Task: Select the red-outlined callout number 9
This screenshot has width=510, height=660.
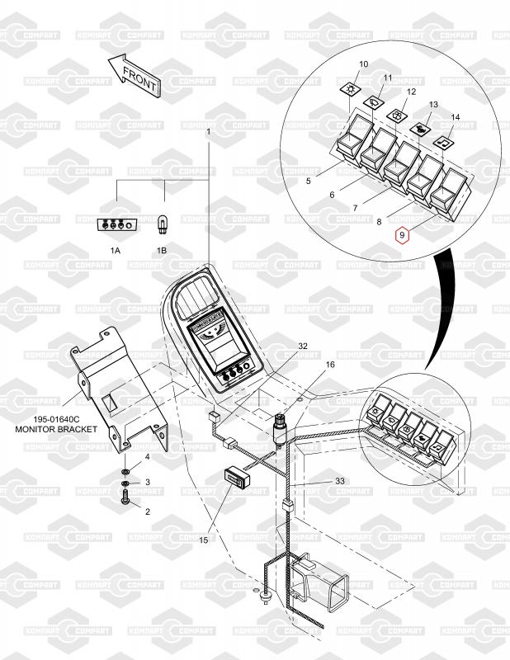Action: click(402, 236)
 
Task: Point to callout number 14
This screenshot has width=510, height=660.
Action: click(456, 118)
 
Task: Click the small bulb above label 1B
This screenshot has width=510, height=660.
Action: click(162, 224)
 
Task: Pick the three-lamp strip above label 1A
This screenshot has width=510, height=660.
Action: click(116, 224)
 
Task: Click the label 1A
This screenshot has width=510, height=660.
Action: click(116, 249)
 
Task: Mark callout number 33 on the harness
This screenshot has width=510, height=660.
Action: click(339, 480)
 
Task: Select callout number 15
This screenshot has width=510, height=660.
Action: click(204, 540)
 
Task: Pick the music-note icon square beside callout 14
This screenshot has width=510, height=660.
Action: click(444, 140)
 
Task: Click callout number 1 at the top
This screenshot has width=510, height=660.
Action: click(209, 132)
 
